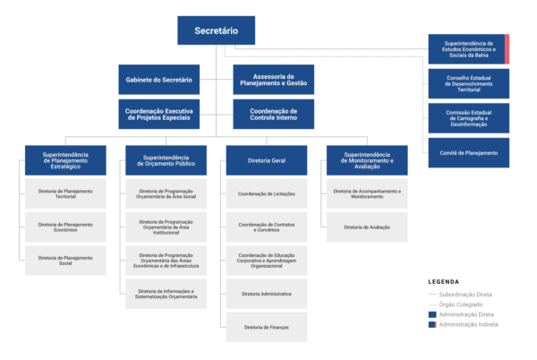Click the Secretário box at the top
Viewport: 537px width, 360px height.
(216, 30)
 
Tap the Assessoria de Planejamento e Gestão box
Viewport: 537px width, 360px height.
(274, 80)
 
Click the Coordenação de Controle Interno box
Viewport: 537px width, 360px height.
(274, 114)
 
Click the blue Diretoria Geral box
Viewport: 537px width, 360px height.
(266, 160)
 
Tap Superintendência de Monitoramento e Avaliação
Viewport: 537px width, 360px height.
(367, 160)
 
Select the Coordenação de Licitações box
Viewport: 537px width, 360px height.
(266, 193)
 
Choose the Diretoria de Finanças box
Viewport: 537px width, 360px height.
(266, 327)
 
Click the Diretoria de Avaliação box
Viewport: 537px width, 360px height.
(367, 227)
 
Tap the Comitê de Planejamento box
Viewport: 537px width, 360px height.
(468, 153)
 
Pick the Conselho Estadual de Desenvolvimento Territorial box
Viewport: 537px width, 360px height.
(468, 83)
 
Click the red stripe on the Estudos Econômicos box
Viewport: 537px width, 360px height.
(507, 49)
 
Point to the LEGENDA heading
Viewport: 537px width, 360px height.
(445, 280)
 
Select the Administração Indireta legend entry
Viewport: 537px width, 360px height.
(464, 324)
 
